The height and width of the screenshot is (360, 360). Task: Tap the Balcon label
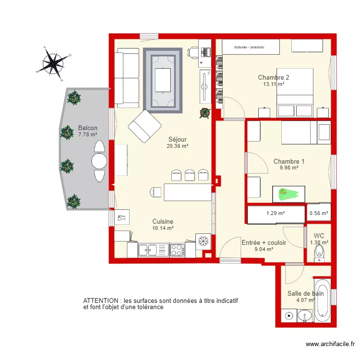(x=88, y=128)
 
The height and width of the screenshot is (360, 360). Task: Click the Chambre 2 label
(x=273, y=77)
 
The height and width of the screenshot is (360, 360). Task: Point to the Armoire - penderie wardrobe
(x=250, y=47)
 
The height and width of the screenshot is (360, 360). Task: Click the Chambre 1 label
(x=289, y=162)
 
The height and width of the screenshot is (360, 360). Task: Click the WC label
(x=319, y=236)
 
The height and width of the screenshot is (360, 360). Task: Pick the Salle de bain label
(x=305, y=293)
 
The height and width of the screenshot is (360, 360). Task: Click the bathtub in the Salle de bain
(x=322, y=300)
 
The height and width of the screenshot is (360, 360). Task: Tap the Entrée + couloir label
(x=264, y=243)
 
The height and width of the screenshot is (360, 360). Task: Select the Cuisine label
(x=163, y=221)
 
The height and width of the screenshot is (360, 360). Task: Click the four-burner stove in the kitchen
(x=177, y=250)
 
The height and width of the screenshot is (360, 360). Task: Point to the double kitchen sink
(x=149, y=250)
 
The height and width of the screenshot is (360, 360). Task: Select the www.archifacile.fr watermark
(x=330, y=344)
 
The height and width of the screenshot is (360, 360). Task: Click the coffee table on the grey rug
(x=163, y=80)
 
